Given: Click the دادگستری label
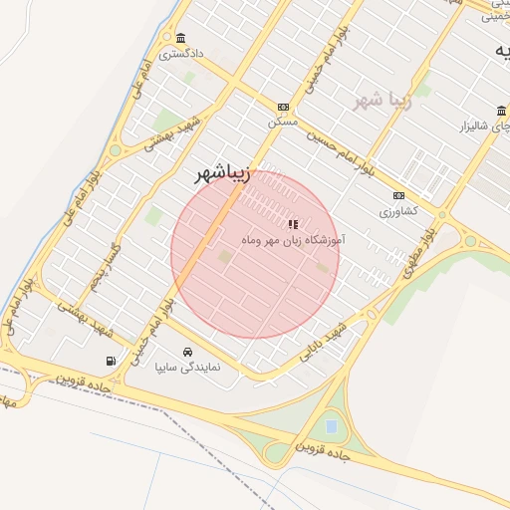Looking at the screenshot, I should click(183, 54).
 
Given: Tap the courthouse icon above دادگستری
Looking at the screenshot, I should click(179, 38).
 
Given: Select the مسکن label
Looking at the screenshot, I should click(283, 121).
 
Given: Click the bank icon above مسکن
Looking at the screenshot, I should click(283, 107).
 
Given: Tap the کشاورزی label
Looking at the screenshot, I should click(399, 211).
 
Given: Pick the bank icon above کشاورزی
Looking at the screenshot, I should click(399, 196).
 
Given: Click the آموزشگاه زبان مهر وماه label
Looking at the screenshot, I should click(293, 240).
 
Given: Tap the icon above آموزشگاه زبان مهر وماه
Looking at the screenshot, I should click(292, 225).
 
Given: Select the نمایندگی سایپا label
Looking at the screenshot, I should click(187, 367).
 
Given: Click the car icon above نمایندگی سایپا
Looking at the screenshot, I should click(187, 352).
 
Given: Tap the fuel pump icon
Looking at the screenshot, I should click(109, 361).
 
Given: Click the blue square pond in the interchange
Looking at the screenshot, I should click(331, 426).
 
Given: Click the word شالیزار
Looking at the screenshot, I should click(476, 127).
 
